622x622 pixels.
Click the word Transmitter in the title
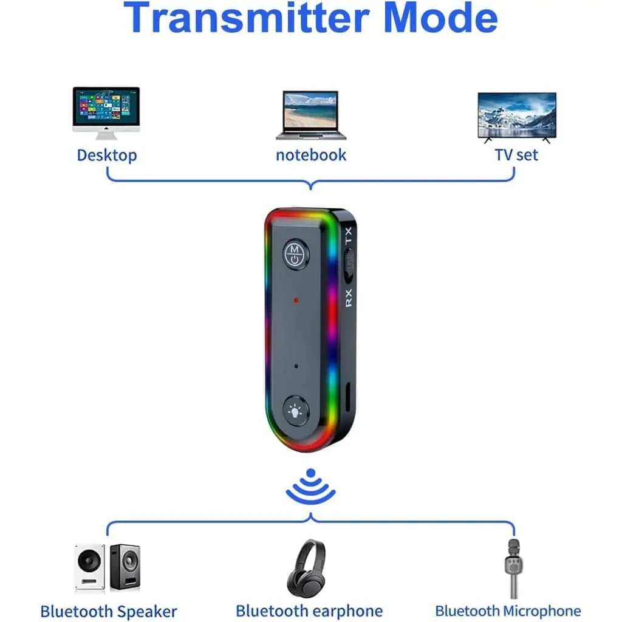[247, 17]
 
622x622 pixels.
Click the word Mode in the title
[441, 17]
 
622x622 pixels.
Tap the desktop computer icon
[106, 113]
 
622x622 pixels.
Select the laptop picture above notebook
[311, 115]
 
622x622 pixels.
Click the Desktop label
[107, 155]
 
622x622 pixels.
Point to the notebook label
[311, 155]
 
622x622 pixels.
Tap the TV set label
[516, 155]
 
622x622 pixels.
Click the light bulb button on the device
[296, 411]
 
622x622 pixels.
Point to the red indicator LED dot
[296, 300]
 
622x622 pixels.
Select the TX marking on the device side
[348, 236]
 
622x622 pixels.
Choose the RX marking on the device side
[348, 298]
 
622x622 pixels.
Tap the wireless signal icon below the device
[310, 487]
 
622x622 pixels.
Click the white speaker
[90, 567]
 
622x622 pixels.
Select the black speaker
[125, 567]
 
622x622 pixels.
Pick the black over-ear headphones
[306, 568]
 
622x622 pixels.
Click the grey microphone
[514, 568]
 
